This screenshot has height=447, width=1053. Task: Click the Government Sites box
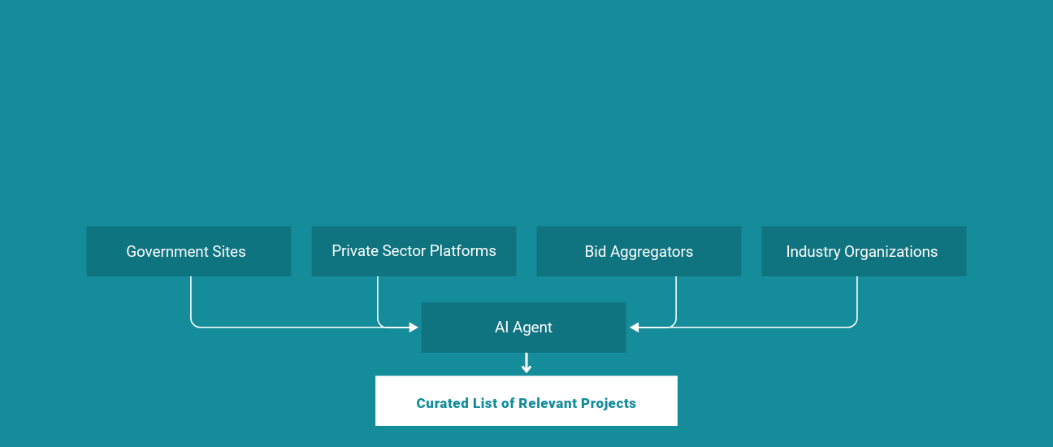188,251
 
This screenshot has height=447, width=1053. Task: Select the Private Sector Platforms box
414,251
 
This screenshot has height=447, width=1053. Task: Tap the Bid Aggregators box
639,251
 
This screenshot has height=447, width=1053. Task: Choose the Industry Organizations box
863,251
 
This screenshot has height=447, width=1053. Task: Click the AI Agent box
523,328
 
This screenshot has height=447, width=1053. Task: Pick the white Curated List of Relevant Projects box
526,400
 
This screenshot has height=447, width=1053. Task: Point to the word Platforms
465,251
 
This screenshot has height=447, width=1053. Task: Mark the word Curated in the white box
441,403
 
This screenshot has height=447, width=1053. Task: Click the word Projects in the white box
608,403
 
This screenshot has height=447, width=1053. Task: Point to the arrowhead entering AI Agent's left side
414,328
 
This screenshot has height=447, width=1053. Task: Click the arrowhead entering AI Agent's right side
634,328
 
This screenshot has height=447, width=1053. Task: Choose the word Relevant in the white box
548,403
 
